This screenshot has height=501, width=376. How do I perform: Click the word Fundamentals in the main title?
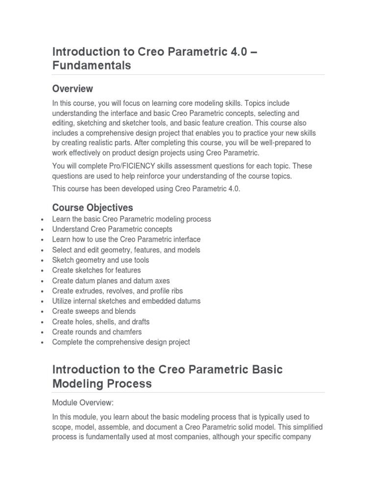pos(92,65)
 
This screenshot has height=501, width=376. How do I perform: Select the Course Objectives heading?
pos(92,207)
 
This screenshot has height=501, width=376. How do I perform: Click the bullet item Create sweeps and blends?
pos(94,311)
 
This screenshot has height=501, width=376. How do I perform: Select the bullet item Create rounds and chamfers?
pos(97,332)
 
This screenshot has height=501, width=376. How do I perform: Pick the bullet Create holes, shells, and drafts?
pos(101,321)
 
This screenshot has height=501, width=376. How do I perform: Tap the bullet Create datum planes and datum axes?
pos(111,280)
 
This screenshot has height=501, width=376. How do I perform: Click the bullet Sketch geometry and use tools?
pos(100,260)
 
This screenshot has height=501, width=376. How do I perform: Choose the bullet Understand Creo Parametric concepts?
pos(112,229)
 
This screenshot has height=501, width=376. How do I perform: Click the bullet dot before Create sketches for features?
pos(44,271)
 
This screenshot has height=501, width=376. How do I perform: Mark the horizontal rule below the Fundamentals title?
pos(188,75)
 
